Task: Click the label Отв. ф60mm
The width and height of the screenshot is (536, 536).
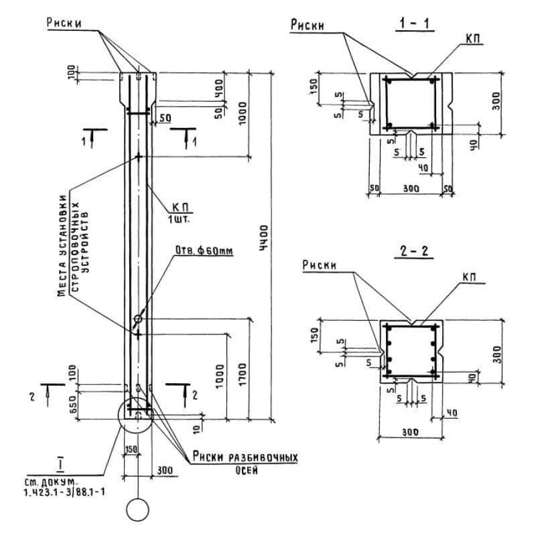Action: (x=202, y=251)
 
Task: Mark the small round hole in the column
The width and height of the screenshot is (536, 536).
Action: (x=138, y=318)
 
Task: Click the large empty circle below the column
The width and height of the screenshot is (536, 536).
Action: (x=138, y=511)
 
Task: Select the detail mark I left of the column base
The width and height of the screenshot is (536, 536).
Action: (x=60, y=464)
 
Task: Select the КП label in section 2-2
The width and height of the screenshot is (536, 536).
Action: (x=472, y=275)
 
